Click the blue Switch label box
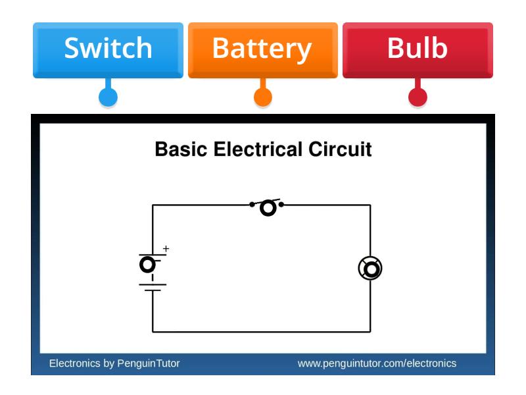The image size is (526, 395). point(108,49)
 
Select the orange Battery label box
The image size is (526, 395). point(262,49)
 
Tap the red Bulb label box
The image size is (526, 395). point(418,49)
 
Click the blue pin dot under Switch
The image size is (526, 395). point(108,97)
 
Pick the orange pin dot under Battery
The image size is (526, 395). point(263,97)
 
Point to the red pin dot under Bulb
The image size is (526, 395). point(418,97)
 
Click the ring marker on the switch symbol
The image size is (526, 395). point(268,208)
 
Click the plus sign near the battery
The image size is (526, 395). point(166,249)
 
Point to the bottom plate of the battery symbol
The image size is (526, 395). point(153,290)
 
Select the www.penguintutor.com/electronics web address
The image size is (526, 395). point(376,363)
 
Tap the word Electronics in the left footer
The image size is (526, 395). point(74,363)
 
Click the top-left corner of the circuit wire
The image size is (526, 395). point(153,205)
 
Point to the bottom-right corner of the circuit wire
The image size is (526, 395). point(370,332)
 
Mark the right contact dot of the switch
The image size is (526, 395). point(281,204)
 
